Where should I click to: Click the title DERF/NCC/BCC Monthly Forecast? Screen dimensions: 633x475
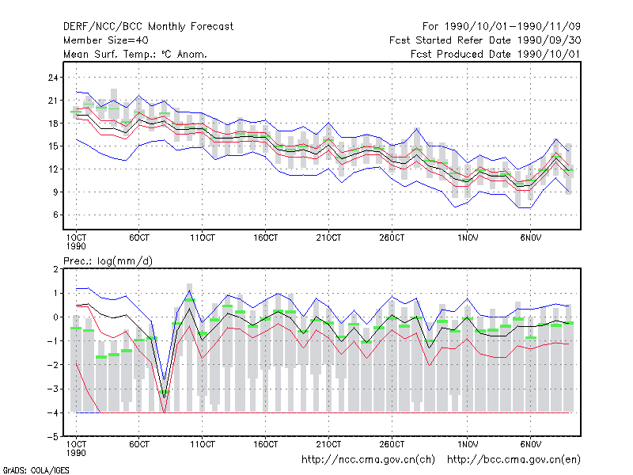pos(148,27)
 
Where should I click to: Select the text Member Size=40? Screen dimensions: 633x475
pos(106,40)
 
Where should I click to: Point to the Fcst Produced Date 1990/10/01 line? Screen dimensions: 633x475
pos(495,54)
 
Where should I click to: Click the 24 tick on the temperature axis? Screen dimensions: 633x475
pos(53,78)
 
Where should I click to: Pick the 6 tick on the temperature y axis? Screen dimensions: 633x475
pos(55,215)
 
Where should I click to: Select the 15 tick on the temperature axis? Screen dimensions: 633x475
pos(53,146)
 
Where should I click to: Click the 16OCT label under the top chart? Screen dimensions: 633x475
pos(265,238)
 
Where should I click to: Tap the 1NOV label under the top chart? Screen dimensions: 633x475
pos(468,238)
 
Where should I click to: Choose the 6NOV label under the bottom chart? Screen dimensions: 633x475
pos(530,444)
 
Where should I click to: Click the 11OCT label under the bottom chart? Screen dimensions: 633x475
pos(203,444)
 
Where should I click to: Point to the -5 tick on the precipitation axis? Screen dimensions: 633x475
pos(53,437)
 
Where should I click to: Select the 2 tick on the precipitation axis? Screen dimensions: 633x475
pos(55,269)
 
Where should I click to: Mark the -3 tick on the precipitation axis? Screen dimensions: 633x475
pos(53,389)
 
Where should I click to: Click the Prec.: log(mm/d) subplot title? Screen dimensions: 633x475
pos(108,261)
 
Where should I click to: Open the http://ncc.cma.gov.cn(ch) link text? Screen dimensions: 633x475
pos(368,460)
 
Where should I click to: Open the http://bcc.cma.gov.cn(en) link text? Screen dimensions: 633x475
pos(514,460)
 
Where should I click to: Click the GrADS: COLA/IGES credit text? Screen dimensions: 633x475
pos(36,470)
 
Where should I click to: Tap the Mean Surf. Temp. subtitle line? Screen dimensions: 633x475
pos(135,54)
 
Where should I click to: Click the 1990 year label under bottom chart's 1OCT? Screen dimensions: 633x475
pos(76,453)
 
